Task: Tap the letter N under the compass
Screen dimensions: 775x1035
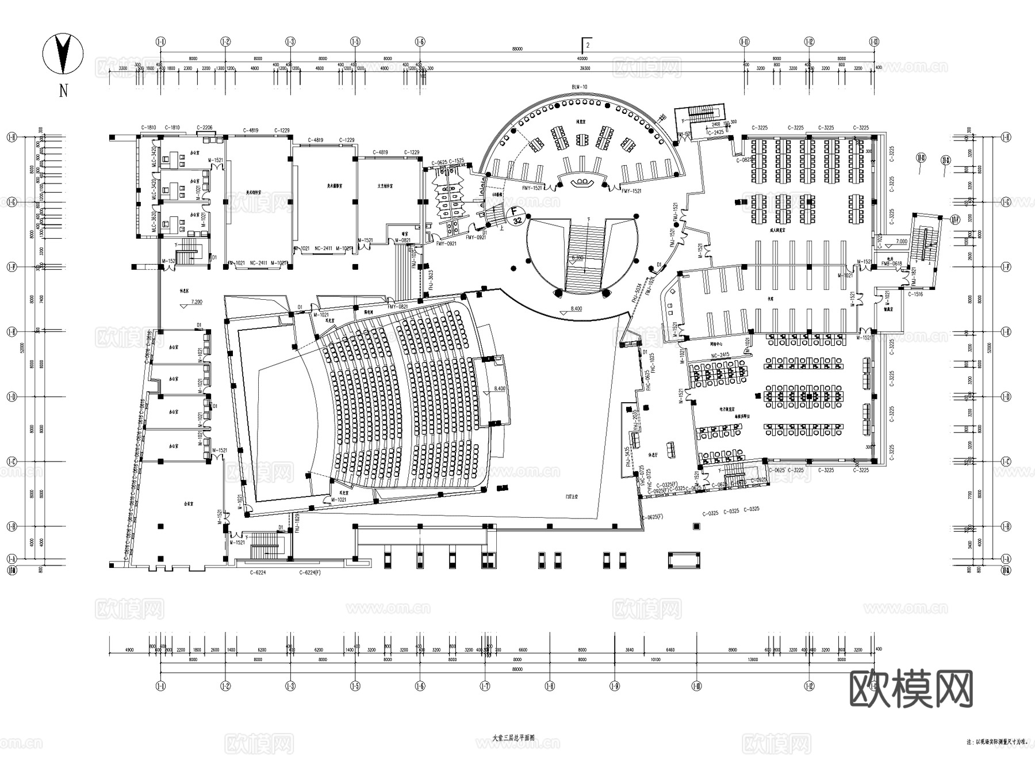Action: (x=64, y=91)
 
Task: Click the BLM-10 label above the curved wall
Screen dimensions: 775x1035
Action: (x=579, y=87)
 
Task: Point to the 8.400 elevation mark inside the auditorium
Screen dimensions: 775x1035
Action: (x=499, y=389)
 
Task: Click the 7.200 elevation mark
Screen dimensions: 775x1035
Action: (x=197, y=301)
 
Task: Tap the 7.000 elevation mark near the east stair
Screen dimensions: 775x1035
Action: (x=901, y=242)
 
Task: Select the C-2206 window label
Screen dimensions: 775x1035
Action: (x=204, y=128)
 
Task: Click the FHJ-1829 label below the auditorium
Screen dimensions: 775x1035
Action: (x=297, y=525)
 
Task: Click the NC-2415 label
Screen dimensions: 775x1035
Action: (x=720, y=355)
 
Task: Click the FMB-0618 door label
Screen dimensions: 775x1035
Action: (x=891, y=264)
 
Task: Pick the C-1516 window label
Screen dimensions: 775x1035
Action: (x=915, y=295)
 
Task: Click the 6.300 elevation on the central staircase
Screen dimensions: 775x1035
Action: (x=577, y=258)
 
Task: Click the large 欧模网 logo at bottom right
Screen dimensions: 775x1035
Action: (x=911, y=689)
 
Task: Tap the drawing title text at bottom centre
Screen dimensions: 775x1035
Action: (x=513, y=737)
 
